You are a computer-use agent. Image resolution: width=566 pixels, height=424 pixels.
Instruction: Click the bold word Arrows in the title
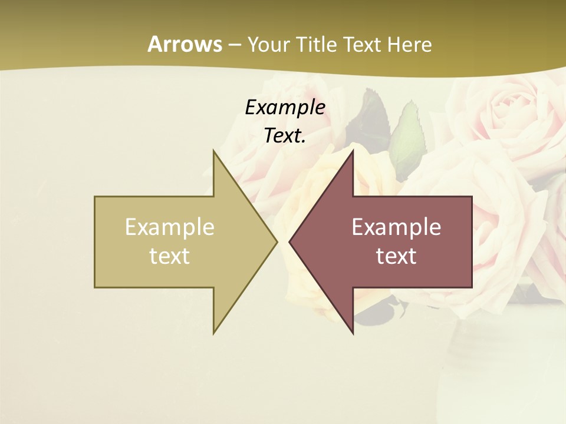click(x=185, y=44)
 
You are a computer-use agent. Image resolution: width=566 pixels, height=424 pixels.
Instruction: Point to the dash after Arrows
click(x=234, y=45)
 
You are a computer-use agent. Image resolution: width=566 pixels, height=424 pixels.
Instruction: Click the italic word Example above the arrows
click(x=285, y=107)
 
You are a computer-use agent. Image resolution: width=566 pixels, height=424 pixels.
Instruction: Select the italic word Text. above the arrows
click(x=285, y=135)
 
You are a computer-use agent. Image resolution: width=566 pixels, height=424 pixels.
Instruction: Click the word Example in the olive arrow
click(x=170, y=227)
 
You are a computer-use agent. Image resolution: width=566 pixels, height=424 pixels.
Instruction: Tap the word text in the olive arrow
click(x=170, y=256)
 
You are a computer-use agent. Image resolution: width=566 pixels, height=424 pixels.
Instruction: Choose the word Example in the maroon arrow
click(x=396, y=227)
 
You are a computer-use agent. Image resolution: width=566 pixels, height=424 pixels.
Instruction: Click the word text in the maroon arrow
click(x=396, y=256)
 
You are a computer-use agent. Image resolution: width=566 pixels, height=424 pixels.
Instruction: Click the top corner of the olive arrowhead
click(x=214, y=151)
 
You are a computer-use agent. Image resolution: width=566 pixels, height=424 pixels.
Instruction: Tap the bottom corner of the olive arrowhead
click(x=214, y=333)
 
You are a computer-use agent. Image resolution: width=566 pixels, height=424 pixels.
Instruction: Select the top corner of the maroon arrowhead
click(x=353, y=151)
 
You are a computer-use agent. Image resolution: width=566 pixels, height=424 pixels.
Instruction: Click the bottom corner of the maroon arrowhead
click(x=353, y=333)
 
